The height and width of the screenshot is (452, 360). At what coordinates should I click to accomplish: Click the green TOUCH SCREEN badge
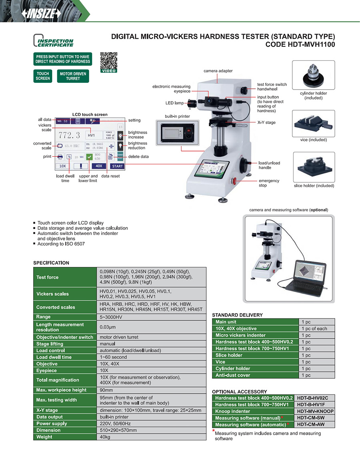(43, 76)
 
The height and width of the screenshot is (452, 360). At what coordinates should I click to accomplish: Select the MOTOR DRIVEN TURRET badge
(73, 76)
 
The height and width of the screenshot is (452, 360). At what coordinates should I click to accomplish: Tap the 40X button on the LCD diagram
(98, 166)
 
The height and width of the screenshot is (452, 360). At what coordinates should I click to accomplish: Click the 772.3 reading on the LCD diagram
(70, 135)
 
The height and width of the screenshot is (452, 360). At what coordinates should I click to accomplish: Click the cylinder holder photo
(313, 76)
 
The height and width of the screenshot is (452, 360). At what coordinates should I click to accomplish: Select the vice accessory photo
(313, 124)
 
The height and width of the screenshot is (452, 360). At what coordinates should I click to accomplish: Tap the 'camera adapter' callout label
(218, 71)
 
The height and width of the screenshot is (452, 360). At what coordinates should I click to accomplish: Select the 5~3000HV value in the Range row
(110, 317)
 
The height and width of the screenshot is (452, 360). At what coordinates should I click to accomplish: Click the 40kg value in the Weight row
(105, 437)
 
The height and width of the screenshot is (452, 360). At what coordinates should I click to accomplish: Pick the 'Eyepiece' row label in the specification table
(47, 370)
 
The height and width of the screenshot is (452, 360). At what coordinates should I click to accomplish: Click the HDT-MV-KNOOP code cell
(315, 411)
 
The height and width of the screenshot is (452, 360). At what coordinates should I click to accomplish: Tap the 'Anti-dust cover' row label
(233, 375)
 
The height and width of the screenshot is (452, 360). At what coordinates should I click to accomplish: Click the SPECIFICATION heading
(51, 263)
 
